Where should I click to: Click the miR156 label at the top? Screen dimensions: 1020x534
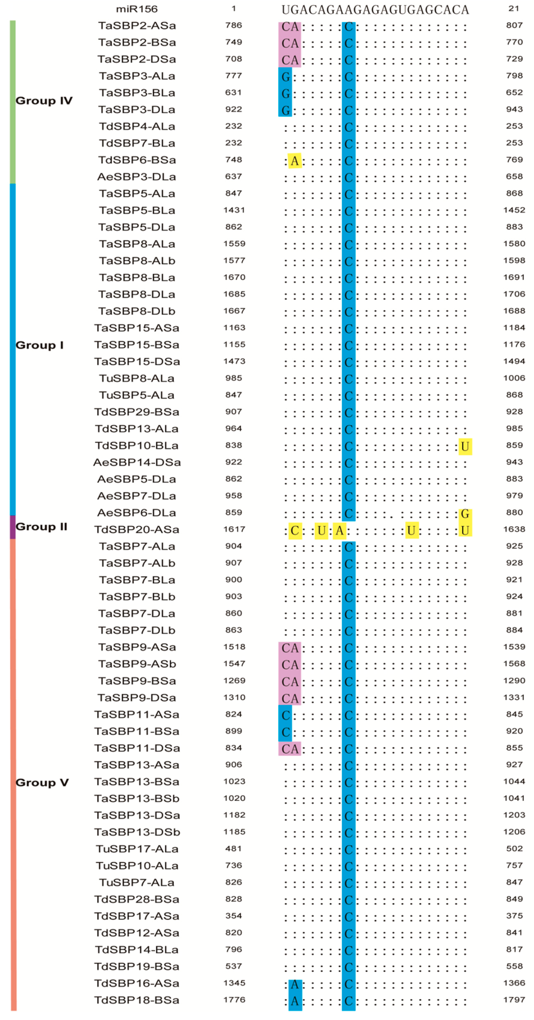pos(137,9)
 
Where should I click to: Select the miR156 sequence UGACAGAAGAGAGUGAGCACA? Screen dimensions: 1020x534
pos(375,9)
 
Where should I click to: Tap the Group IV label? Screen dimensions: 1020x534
pos(44,101)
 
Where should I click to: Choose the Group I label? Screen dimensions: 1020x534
pos(40,345)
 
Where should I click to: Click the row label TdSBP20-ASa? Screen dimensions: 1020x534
pos(137,529)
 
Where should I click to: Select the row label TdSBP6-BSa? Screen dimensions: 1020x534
pos(137,160)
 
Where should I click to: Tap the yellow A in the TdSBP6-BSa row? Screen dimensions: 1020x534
pos(294,161)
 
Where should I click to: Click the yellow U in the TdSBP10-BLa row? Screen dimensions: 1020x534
pos(465,447)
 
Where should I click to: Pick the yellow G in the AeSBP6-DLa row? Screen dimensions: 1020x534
pos(465,514)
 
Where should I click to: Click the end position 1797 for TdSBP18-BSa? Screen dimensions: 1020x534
pos(514,1000)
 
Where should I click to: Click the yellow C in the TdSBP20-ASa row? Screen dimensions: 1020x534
pos(295,531)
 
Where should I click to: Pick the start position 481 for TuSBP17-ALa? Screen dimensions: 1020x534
pos(234,848)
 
